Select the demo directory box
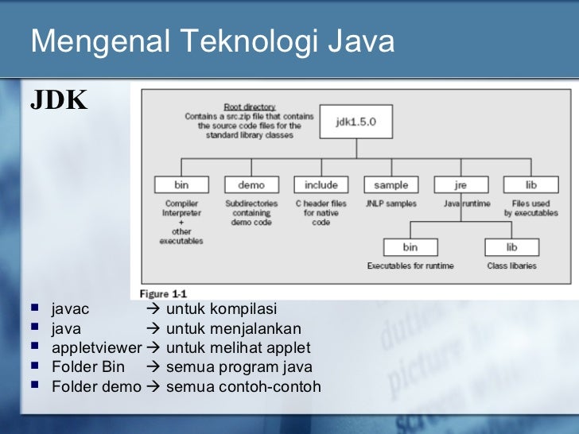251,185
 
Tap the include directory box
321,185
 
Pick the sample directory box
391,185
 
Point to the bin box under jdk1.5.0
181,185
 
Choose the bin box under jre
410,247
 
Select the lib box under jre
511,247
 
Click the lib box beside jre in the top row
530,185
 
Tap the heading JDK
58,100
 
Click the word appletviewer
96,348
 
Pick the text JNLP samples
391,203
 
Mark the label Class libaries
511,265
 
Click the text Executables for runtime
410,265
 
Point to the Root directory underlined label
249,107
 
